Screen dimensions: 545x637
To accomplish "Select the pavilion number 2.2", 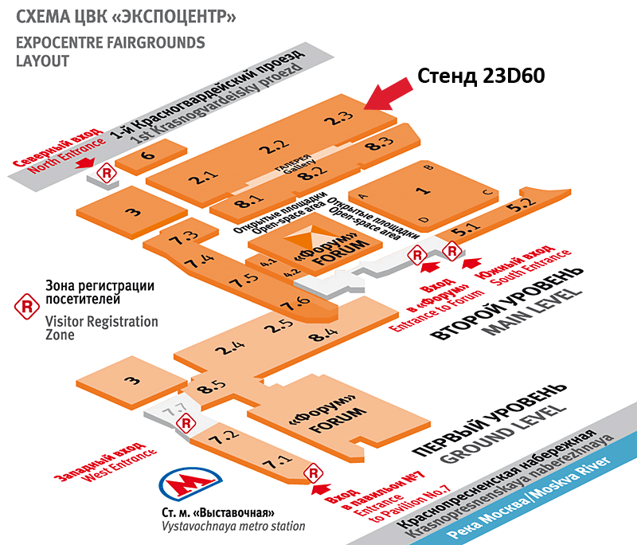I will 272,147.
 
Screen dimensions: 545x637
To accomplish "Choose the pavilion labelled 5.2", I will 526,202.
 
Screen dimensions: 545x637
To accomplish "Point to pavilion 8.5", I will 213,389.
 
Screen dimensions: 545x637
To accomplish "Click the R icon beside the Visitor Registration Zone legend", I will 29,306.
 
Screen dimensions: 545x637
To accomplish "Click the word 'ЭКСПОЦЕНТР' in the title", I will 178,17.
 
